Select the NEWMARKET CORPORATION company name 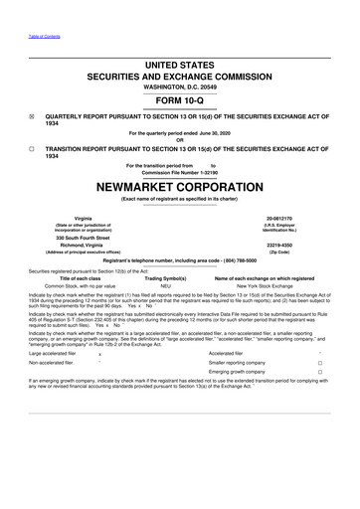(179, 185)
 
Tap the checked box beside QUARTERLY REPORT (33, 114)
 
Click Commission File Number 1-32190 (179, 172)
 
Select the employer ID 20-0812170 (299, 218)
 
